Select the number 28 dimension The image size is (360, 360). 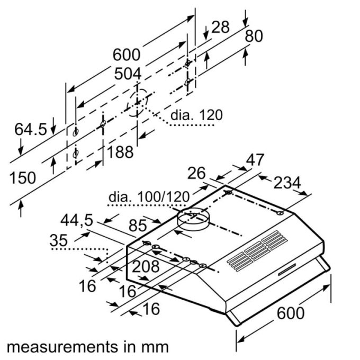click(220, 28)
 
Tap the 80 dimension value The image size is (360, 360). click(254, 36)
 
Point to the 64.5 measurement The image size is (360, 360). click(30, 129)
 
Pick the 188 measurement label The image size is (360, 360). click(120, 152)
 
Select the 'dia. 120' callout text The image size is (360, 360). click(196, 115)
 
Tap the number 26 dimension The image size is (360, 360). click(196, 173)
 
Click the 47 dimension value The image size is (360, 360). click(256, 160)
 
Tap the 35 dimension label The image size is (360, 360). click(59, 240)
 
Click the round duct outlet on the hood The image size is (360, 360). click(193, 218)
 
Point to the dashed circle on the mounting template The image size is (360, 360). click(138, 102)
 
